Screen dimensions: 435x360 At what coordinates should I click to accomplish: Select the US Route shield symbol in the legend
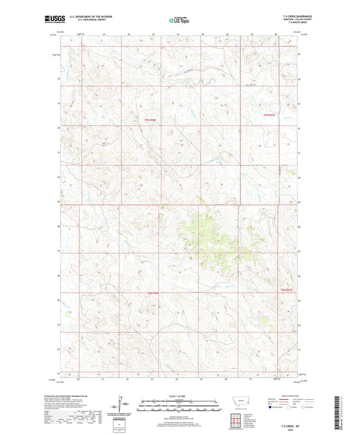(x=289, y=407)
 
